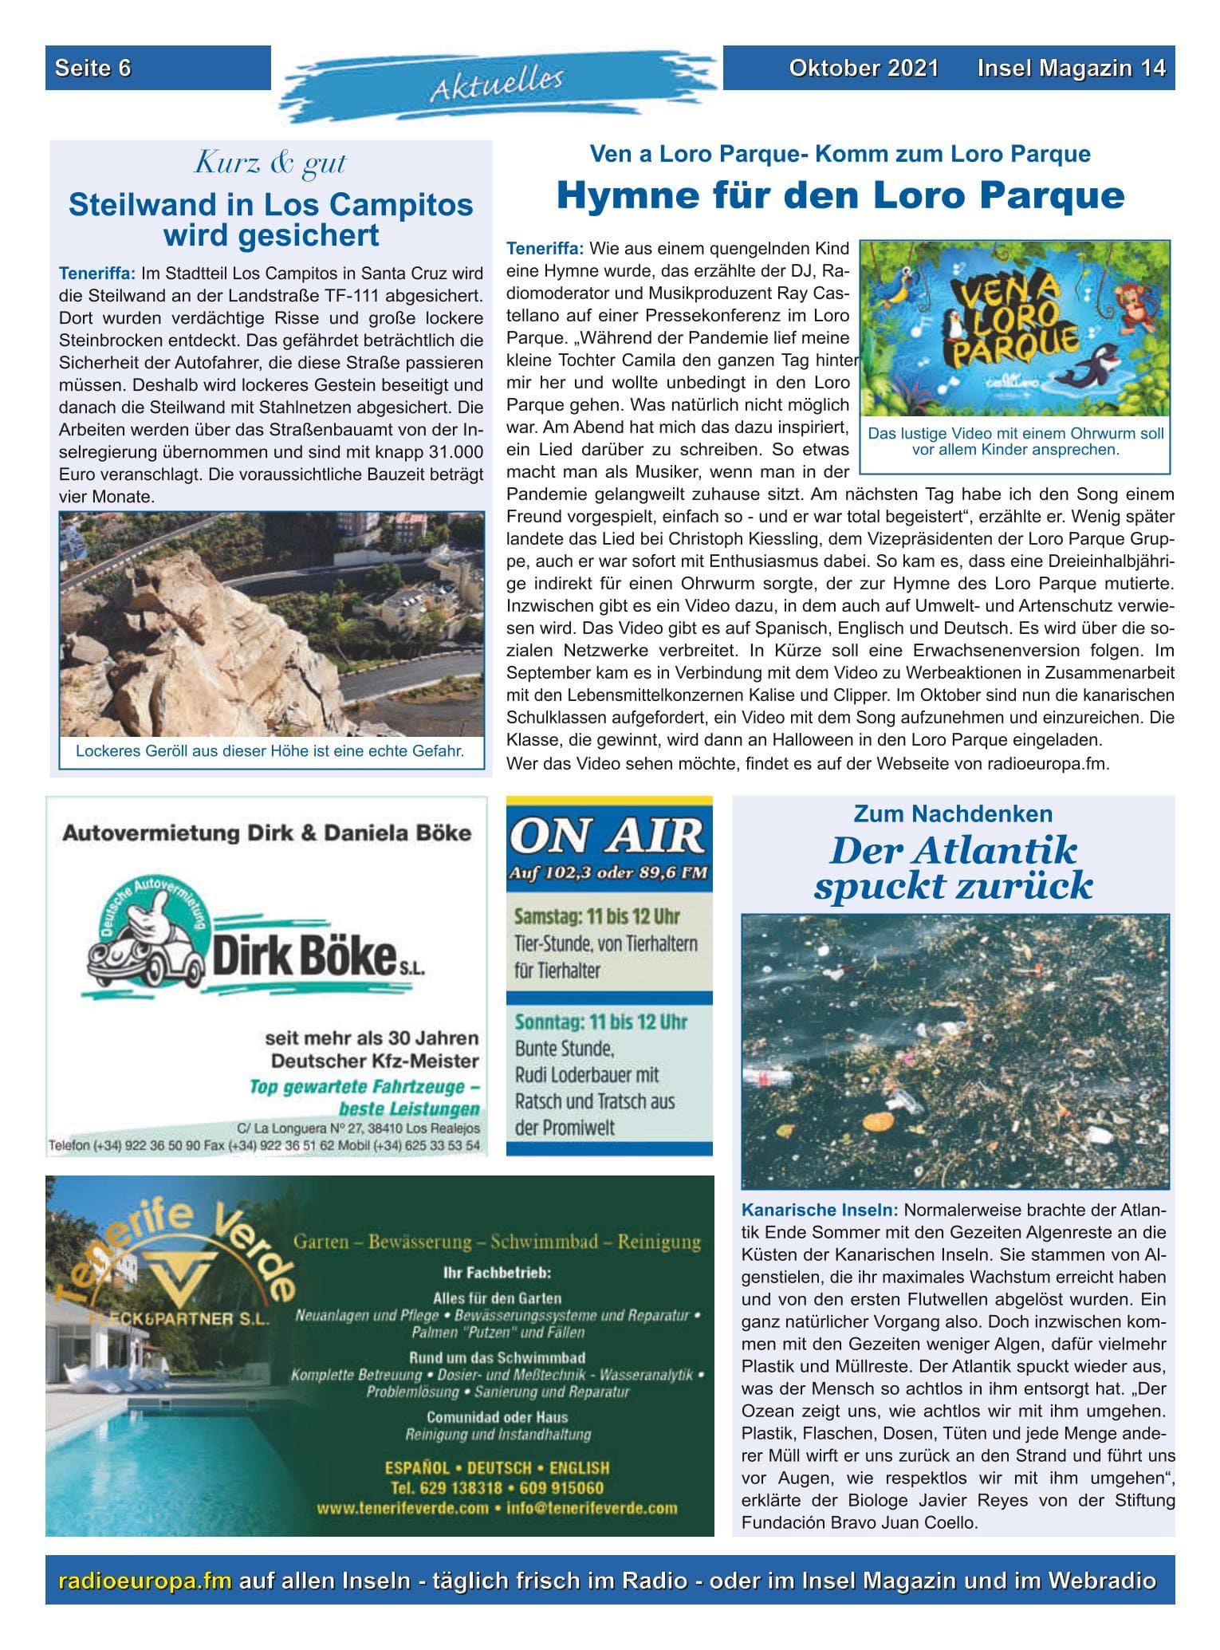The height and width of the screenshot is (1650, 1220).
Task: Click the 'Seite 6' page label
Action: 93,69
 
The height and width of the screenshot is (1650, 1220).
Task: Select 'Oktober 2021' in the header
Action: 863,69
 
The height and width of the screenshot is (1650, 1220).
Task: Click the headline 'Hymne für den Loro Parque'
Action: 840,195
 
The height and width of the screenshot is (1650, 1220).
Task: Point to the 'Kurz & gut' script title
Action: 270,163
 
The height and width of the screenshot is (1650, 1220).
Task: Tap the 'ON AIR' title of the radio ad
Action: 608,837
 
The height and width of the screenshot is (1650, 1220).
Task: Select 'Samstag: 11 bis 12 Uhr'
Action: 597,916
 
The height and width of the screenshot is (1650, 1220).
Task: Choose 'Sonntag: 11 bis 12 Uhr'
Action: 600,1022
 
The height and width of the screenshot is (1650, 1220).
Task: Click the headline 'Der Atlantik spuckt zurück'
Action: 952,868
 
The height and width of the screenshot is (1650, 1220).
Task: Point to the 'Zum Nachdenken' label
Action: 953,813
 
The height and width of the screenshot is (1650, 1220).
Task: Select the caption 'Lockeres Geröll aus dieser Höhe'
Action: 270,750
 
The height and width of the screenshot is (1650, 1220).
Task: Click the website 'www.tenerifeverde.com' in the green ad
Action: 403,1508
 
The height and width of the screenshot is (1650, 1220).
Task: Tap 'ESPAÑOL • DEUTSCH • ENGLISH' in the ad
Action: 497,1467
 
